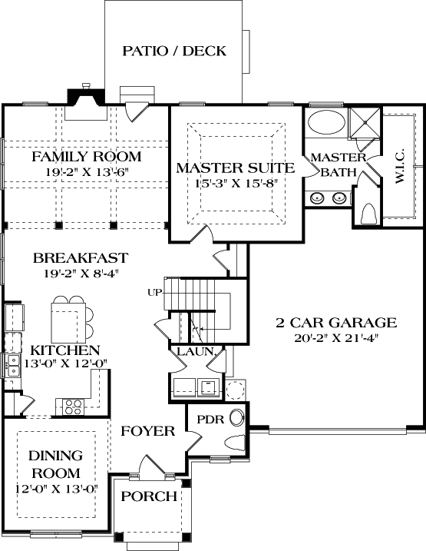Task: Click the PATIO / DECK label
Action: [174, 51]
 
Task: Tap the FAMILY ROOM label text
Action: [86, 157]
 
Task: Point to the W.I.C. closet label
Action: [401, 167]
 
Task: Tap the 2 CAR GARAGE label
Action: [336, 322]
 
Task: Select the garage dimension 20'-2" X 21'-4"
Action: [336, 337]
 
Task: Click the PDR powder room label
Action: [210, 420]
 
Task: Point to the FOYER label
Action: [148, 431]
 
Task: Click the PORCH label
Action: [149, 496]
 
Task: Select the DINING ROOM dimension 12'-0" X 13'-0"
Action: [56, 488]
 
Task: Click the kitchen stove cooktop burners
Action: [74, 404]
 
